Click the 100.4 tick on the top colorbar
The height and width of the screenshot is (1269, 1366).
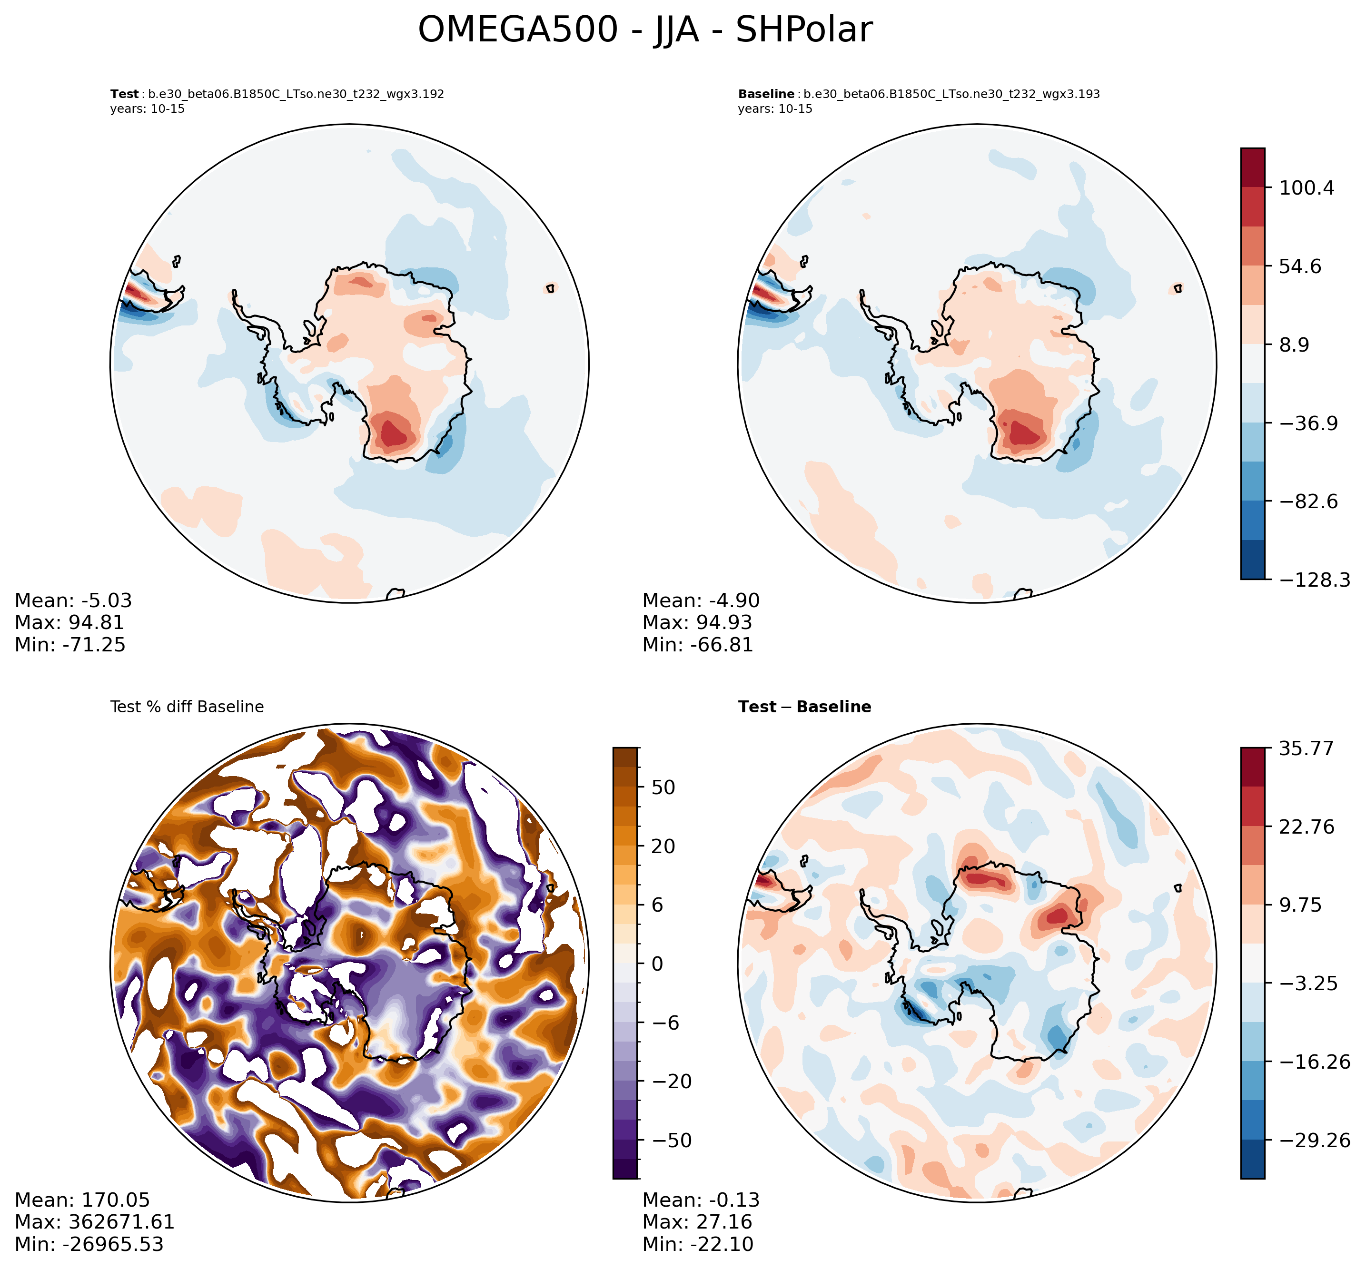[1306, 187]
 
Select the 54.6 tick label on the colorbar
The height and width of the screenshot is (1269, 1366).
[1300, 266]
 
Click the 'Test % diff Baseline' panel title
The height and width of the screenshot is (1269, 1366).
[187, 707]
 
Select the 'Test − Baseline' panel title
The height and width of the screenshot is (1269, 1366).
[804, 707]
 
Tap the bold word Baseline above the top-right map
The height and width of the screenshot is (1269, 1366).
[766, 94]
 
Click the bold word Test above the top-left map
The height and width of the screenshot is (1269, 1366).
[124, 94]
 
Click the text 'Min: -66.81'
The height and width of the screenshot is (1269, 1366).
[697, 645]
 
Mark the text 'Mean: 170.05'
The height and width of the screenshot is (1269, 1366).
[82, 1200]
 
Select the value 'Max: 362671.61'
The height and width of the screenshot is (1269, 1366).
[94, 1221]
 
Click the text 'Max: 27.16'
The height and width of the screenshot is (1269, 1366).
[697, 1221]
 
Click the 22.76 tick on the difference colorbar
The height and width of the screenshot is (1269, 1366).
[1306, 826]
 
